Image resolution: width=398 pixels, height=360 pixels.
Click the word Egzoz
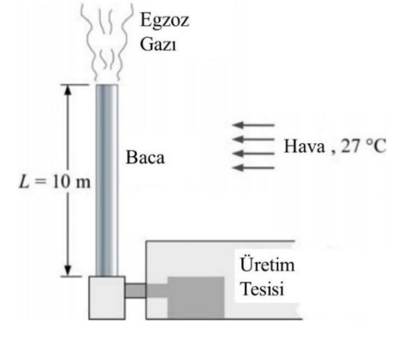pyautogui.click(x=165, y=21)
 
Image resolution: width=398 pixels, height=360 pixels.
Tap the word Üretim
pyautogui.click(x=267, y=267)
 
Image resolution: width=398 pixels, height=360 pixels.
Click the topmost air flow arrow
pyautogui.click(x=254, y=125)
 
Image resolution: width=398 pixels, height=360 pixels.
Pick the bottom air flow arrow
pyautogui.click(x=254, y=168)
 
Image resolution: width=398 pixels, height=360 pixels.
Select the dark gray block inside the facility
pyautogui.click(x=196, y=296)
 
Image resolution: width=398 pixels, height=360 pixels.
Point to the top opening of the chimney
pyautogui.click(x=106, y=86)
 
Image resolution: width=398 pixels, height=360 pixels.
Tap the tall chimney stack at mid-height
pyautogui.click(x=106, y=180)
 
